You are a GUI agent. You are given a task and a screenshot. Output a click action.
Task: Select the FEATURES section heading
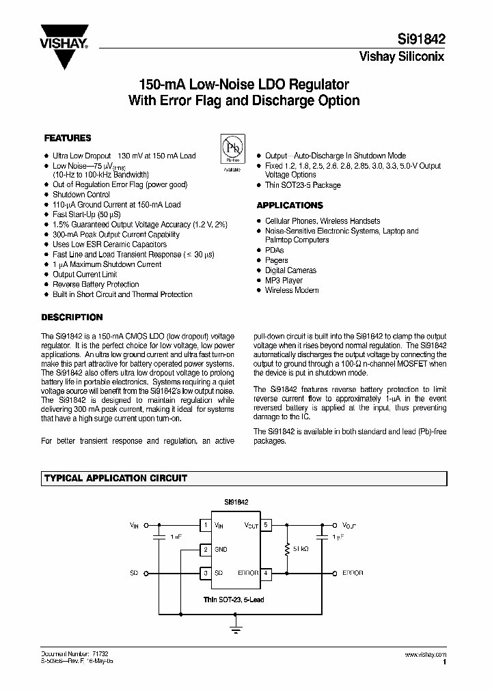pyautogui.click(x=67, y=137)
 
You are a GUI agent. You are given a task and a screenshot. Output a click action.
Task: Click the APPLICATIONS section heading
pyautogui.click(x=289, y=205)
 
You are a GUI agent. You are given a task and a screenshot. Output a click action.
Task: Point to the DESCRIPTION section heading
pyautogui.click(x=72, y=317)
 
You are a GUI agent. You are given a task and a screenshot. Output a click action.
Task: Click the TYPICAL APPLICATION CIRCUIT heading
pyautogui.click(x=115, y=479)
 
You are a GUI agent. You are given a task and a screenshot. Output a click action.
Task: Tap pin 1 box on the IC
pyautogui.click(x=204, y=525)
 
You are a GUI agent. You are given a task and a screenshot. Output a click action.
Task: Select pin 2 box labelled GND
pyautogui.click(x=204, y=549)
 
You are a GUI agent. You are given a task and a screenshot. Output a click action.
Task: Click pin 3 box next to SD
pyautogui.click(x=204, y=572)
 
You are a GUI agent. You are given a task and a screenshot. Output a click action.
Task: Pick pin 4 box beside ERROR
pyautogui.click(x=266, y=572)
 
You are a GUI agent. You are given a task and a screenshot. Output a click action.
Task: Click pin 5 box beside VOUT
pyautogui.click(x=266, y=525)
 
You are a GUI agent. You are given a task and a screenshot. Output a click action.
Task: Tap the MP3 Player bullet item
pyautogui.click(x=284, y=280)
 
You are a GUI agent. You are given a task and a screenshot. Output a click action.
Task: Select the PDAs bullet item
pyautogui.click(x=274, y=251)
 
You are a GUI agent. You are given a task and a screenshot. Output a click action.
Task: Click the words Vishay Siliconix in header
pyautogui.click(x=402, y=57)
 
